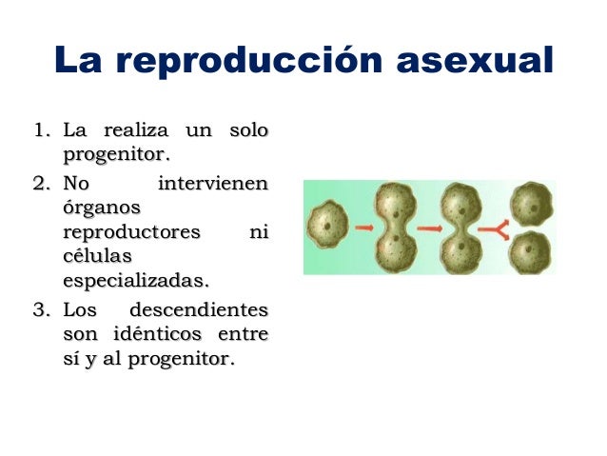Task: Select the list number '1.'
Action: click(x=42, y=129)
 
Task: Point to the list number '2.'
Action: click(x=42, y=182)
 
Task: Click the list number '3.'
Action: click(x=42, y=310)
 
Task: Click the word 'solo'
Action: click(x=248, y=129)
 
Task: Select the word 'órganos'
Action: click(x=101, y=207)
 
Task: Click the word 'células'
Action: click(x=95, y=257)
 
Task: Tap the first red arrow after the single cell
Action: click(x=362, y=228)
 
